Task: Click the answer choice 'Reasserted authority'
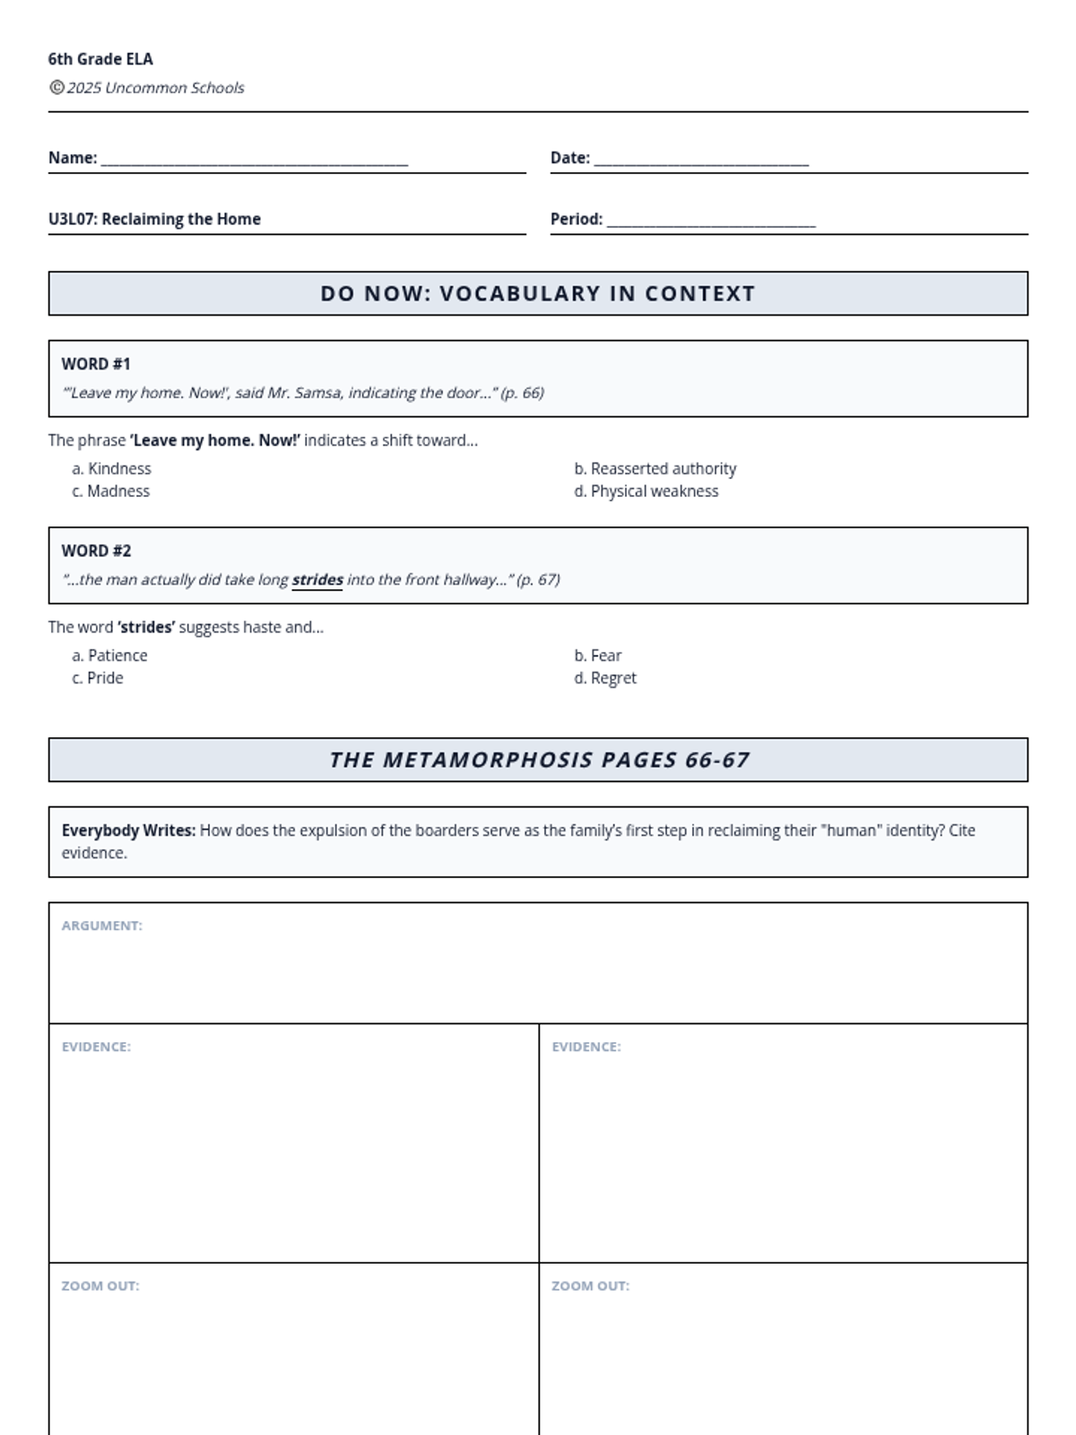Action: coord(663,468)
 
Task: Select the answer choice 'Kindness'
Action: coord(119,468)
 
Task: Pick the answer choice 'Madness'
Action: coord(118,491)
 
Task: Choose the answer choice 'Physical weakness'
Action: coord(654,491)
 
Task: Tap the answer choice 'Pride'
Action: coord(105,678)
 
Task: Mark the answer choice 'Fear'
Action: coord(605,656)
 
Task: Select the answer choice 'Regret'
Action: coord(613,678)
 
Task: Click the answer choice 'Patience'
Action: coord(117,656)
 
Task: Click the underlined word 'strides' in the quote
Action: coord(317,579)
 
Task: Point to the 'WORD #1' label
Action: coord(96,364)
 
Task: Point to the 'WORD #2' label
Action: coord(96,551)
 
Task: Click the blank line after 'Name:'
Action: coord(255,161)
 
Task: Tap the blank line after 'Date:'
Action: coord(701,161)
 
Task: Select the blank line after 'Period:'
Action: coord(711,222)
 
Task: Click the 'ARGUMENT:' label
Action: coord(101,926)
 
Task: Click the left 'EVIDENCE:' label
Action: coord(96,1047)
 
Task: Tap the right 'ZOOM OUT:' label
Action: coord(590,1286)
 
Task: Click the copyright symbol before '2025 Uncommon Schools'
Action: coord(56,87)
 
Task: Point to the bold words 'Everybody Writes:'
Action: coord(128,831)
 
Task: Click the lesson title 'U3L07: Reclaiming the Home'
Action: coord(154,219)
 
